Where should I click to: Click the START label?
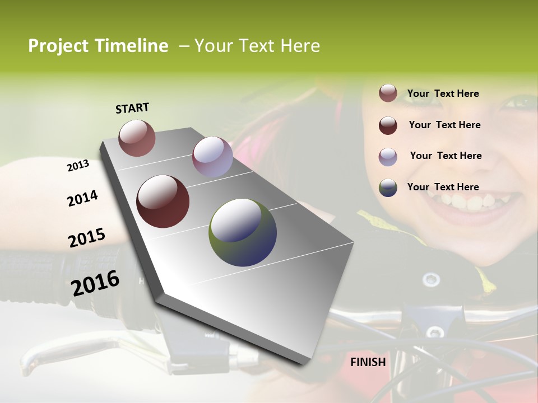pyautogui.click(x=132, y=108)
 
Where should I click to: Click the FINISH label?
pyautogui.click(x=368, y=362)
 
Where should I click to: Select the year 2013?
pyautogui.click(x=78, y=166)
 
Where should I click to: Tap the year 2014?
pyautogui.click(x=82, y=199)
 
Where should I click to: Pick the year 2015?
pyautogui.click(x=87, y=238)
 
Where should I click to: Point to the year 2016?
pyautogui.click(x=95, y=283)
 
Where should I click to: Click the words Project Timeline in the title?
pyautogui.click(x=98, y=46)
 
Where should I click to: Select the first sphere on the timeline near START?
pyautogui.click(x=137, y=138)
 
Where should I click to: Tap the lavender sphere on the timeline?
pyautogui.click(x=212, y=157)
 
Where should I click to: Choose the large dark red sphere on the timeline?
pyautogui.click(x=163, y=201)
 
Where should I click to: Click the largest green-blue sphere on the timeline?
pyautogui.click(x=243, y=232)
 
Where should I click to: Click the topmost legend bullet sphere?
pyautogui.click(x=388, y=93)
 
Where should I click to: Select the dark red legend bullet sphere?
pyautogui.click(x=388, y=125)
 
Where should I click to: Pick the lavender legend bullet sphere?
pyautogui.click(x=388, y=157)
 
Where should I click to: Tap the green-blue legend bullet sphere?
pyautogui.click(x=388, y=188)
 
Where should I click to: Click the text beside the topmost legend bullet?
pyautogui.click(x=443, y=93)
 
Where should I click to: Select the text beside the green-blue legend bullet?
pyautogui.click(x=443, y=187)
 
